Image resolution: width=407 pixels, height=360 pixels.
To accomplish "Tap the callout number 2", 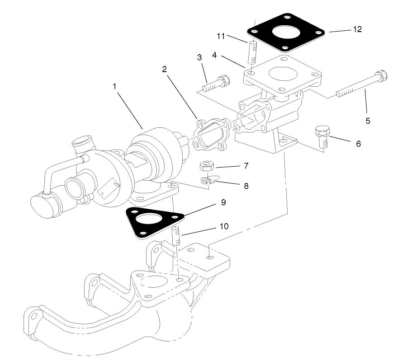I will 165,69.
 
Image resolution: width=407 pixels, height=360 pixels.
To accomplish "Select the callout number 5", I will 368,121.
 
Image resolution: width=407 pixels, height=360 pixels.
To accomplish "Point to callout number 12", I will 357,29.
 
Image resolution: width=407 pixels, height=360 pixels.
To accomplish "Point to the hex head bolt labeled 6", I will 322,136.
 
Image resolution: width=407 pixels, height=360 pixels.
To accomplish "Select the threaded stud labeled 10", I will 176,237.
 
